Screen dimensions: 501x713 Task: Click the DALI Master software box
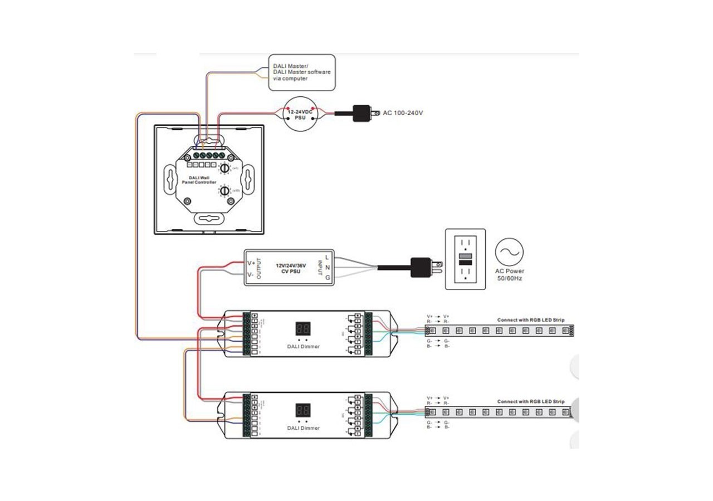pos(302,72)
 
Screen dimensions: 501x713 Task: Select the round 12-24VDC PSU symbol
pos(300,115)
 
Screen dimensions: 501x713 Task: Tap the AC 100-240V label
pos(403,113)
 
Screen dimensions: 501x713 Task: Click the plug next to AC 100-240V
pos(365,113)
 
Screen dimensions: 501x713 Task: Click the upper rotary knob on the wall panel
pos(224,168)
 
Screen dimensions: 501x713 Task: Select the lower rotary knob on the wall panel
pos(224,190)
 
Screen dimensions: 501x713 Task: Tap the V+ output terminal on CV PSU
pos(250,262)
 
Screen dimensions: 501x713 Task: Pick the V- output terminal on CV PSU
pos(250,274)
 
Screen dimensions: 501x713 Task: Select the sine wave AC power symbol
pos(509,252)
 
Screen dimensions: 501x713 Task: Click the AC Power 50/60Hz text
pos(509,274)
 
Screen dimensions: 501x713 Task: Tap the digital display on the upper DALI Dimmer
pos(303,329)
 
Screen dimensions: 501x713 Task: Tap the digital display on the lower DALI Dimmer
pos(303,411)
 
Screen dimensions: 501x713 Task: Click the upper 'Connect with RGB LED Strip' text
pos(530,320)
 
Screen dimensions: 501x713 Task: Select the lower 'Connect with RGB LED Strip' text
pos(530,401)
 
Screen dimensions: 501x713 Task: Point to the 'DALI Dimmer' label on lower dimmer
pos(303,428)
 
